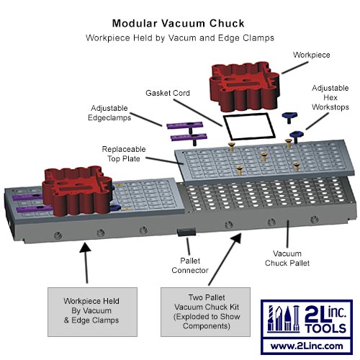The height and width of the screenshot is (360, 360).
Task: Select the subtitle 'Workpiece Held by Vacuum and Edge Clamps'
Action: (180, 37)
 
